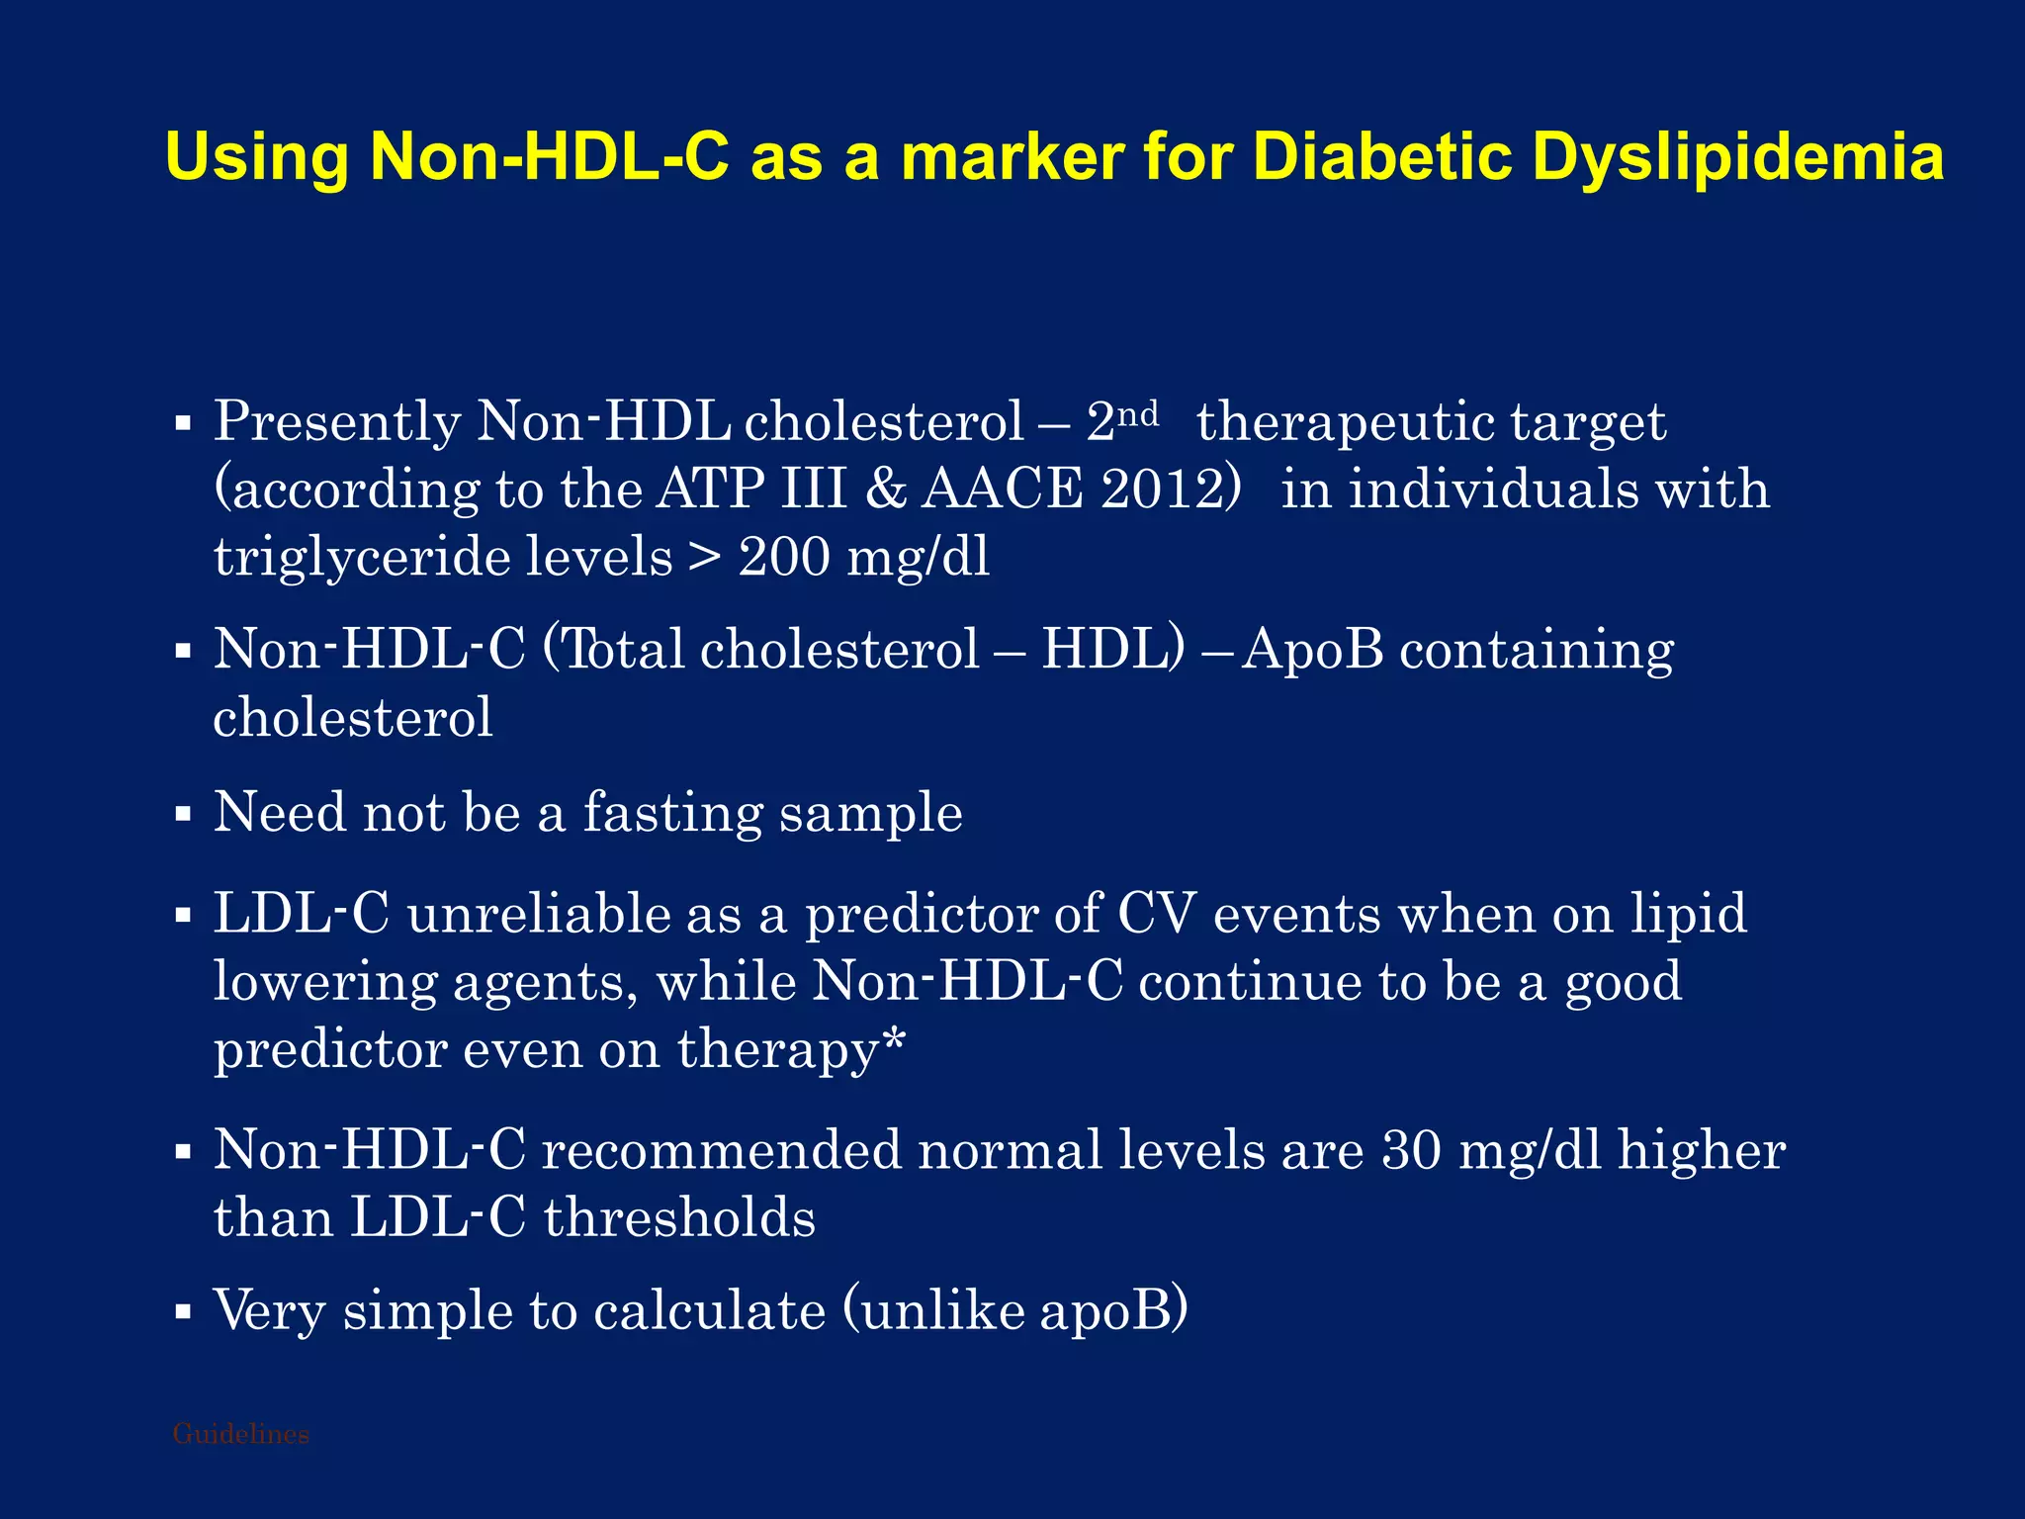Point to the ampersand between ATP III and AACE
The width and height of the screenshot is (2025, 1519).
point(885,490)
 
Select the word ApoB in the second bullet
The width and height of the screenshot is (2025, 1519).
point(1313,651)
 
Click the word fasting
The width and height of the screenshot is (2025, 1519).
point(672,814)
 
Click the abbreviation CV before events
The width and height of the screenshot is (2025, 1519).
point(1156,914)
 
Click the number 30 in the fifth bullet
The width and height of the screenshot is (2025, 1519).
point(1412,1151)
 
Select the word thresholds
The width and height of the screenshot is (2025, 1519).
point(680,1218)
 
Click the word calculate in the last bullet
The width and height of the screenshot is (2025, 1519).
point(709,1312)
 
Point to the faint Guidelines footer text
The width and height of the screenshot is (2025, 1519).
point(240,1434)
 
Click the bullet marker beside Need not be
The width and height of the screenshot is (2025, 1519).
point(182,816)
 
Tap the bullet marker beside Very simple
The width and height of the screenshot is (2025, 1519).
point(182,1313)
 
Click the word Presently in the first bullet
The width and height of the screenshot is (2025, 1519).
point(337,422)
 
